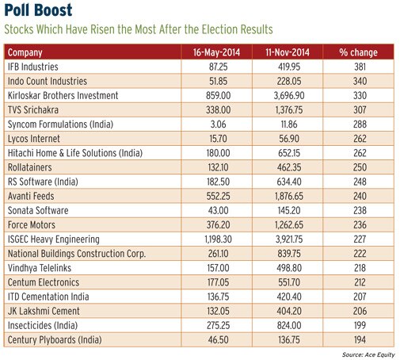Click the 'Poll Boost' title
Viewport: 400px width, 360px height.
[38, 10]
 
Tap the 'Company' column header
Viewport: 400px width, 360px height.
[25, 52]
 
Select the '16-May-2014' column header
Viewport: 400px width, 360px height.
[216, 52]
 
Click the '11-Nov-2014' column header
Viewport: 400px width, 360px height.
[288, 52]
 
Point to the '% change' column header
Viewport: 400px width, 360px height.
[358, 52]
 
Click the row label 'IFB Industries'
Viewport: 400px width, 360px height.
[33, 67]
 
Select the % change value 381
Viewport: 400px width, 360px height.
[360, 67]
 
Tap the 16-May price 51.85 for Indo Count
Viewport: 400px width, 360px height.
[218, 81]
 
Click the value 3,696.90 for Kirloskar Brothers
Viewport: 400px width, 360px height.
[289, 95]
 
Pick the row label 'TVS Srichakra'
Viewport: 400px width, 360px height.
[33, 109]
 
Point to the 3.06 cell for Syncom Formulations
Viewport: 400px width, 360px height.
[218, 124]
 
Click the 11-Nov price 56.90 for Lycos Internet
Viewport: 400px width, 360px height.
[289, 139]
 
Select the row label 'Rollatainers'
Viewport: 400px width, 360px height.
[30, 167]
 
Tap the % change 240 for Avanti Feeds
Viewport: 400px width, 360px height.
[360, 196]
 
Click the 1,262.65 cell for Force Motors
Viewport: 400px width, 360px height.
[289, 225]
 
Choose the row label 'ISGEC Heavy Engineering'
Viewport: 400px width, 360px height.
[54, 239]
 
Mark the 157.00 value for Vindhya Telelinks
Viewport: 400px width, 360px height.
[218, 268]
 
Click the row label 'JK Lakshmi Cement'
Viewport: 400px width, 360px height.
[44, 311]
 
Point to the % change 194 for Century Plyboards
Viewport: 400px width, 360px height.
[360, 340]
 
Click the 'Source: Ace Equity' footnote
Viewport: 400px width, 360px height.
[368, 355]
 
